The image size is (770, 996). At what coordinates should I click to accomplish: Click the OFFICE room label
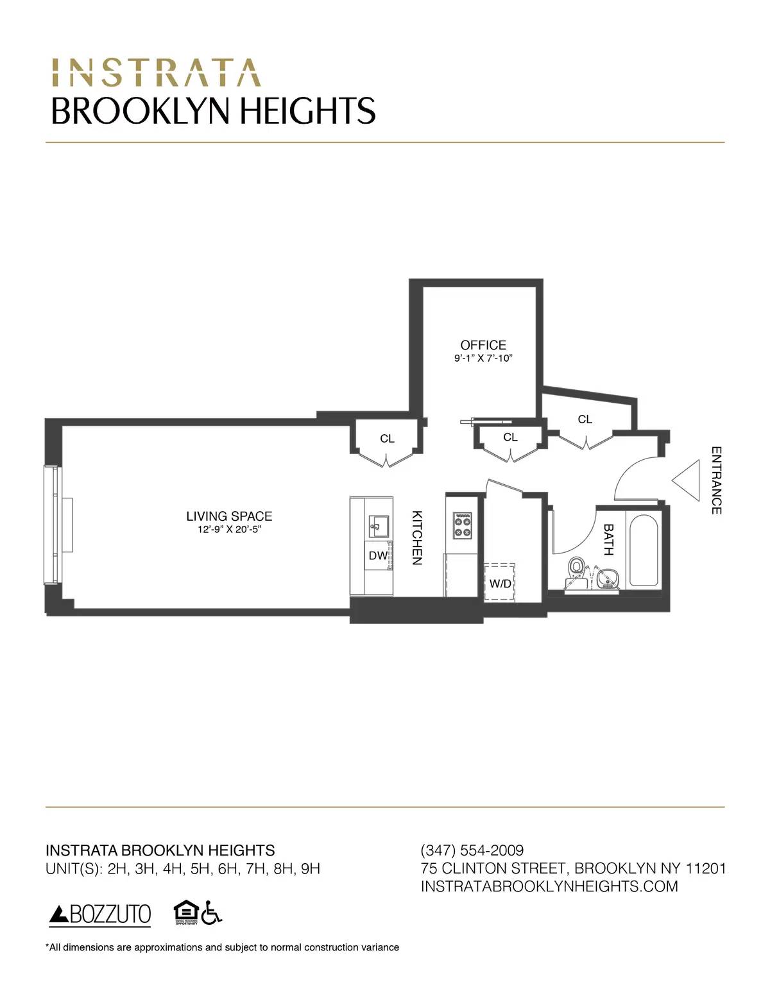tap(483, 345)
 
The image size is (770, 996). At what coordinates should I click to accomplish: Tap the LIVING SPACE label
tap(229, 516)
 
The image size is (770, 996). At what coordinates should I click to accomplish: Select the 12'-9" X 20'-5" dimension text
tap(229, 530)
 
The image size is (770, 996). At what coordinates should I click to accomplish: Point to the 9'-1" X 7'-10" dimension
tap(483, 359)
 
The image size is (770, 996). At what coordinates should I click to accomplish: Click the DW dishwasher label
tap(378, 556)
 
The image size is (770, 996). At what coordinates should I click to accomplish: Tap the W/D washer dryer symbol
tap(500, 582)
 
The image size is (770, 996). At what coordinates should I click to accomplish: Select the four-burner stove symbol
tap(463, 525)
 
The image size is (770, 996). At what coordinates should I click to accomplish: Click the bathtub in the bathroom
tap(644, 550)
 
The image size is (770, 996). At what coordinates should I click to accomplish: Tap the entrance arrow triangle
tap(687, 480)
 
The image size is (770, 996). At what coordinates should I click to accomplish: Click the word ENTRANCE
tap(717, 480)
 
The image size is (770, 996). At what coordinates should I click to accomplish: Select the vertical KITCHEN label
tap(416, 537)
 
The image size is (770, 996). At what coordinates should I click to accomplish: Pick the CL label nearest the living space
tap(387, 439)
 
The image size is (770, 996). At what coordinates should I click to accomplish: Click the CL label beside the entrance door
tap(585, 419)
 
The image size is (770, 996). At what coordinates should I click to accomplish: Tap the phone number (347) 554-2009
tap(472, 850)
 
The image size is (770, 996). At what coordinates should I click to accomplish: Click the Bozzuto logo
tap(100, 915)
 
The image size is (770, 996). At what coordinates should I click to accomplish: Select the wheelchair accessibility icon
tap(211, 913)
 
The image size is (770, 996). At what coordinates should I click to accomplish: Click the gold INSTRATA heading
tap(156, 73)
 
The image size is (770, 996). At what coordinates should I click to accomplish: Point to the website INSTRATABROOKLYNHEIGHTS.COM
tap(549, 886)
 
